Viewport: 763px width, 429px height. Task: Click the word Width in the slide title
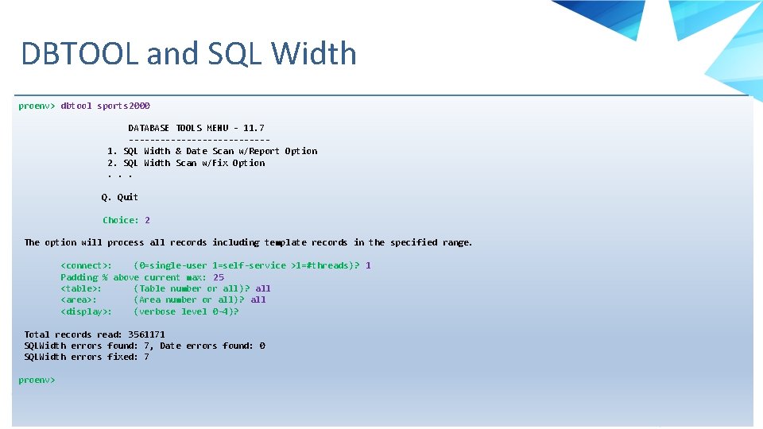point(313,54)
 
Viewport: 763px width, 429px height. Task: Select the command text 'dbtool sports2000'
point(105,106)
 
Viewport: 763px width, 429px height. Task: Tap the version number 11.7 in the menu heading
point(254,128)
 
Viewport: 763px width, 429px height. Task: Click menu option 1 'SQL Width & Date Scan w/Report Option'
point(212,151)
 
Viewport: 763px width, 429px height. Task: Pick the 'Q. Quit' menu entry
point(119,197)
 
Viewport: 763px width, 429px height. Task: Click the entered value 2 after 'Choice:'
point(147,220)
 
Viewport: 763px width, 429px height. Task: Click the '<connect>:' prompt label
point(86,265)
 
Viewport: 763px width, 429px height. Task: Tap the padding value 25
point(219,277)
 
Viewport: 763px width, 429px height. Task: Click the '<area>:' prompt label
point(79,300)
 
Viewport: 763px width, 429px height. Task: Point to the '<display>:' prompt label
point(86,311)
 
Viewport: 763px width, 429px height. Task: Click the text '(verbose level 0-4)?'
point(186,311)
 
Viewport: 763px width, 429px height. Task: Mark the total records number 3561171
point(146,334)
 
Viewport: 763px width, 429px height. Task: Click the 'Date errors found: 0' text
point(212,346)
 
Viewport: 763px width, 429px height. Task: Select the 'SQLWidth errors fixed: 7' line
point(87,357)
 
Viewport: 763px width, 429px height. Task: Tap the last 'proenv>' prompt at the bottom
point(37,380)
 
